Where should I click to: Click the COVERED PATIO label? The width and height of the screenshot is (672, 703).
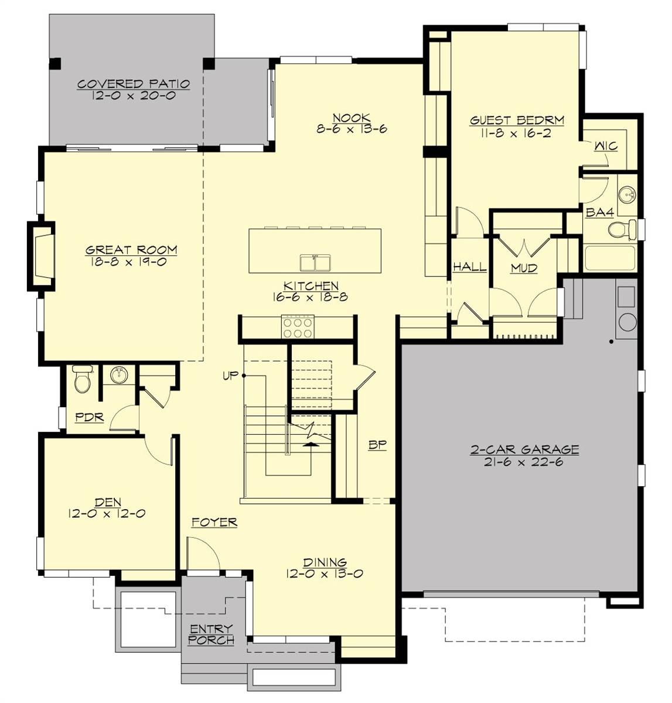[x=134, y=84]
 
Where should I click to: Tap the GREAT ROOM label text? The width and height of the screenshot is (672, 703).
[x=131, y=250]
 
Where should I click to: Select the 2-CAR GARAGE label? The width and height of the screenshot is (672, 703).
[x=525, y=449]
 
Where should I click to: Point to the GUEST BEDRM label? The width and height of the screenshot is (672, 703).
[x=517, y=121]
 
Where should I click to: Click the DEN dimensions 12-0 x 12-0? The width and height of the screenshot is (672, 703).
[x=107, y=514]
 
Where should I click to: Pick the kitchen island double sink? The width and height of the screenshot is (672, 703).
[x=315, y=263]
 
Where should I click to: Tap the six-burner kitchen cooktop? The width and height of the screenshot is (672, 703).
[x=297, y=327]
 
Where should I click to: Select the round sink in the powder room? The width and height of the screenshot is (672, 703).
[x=120, y=374]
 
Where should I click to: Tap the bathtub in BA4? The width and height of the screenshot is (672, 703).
[x=610, y=258]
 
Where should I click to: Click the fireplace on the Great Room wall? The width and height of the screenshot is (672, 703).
[x=42, y=255]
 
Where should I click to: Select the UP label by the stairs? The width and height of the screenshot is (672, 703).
[x=231, y=375]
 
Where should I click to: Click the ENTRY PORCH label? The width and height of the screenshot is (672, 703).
[x=211, y=634]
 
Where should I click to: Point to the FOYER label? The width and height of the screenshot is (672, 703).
[x=214, y=522]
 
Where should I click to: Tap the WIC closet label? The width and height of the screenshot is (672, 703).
[x=606, y=146]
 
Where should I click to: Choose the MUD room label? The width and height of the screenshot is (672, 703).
[x=524, y=268]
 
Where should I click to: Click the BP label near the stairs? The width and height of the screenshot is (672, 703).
[x=377, y=445]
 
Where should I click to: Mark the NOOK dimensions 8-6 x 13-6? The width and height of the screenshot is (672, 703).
[x=352, y=130]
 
